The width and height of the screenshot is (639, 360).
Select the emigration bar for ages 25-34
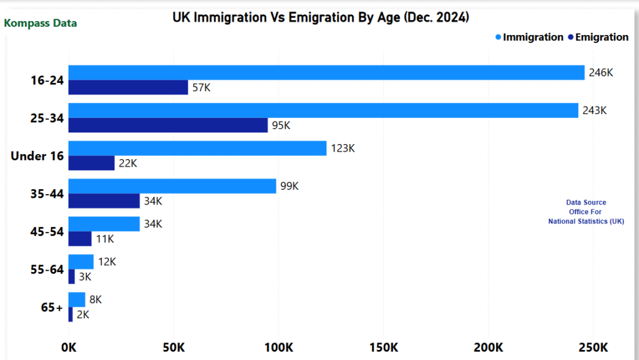[168, 125]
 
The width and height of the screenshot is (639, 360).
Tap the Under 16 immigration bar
[197, 148]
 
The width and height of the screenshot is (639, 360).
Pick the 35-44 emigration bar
[104, 201]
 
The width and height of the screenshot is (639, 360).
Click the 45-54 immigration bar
[104, 223]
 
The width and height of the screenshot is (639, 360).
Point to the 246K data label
[601, 72]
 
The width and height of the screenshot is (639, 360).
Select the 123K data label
[343, 148]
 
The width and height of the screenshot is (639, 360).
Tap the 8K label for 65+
[95, 299]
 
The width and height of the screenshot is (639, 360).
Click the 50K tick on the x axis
[173, 347]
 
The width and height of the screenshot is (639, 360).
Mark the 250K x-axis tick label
[593, 347]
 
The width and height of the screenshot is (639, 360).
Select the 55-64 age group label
[47, 270]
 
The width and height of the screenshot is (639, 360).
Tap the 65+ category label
[52, 308]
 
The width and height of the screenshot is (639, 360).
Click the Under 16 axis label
[37, 156]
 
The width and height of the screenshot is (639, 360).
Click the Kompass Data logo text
[41, 24]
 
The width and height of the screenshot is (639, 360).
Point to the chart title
[321, 17]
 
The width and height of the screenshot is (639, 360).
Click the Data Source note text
[585, 212]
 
